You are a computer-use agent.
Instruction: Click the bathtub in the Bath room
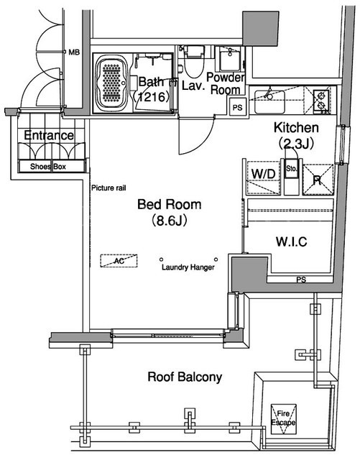(x=111, y=83)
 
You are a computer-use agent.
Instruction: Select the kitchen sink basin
(x=269, y=102)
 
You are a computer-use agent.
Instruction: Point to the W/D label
(x=264, y=174)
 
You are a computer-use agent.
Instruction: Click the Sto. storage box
(x=292, y=168)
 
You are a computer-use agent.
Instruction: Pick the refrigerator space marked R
(x=318, y=180)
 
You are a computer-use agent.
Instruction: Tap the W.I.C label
(x=291, y=241)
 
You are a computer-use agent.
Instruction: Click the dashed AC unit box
(x=119, y=260)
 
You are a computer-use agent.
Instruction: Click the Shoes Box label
(x=48, y=167)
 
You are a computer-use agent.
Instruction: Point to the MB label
(x=74, y=52)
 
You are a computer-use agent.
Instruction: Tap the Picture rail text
(x=109, y=188)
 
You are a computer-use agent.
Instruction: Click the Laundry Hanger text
(x=188, y=267)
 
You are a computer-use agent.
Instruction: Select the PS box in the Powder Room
(x=238, y=107)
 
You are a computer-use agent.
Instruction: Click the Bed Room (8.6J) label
(x=170, y=212)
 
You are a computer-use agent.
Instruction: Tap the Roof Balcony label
(x=185, y=377)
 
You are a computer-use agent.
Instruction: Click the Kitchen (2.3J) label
(x=296, y=135)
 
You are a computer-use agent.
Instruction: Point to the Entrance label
(x=49, y=135)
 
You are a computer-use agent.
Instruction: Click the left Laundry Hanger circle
(x=161, y=259)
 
